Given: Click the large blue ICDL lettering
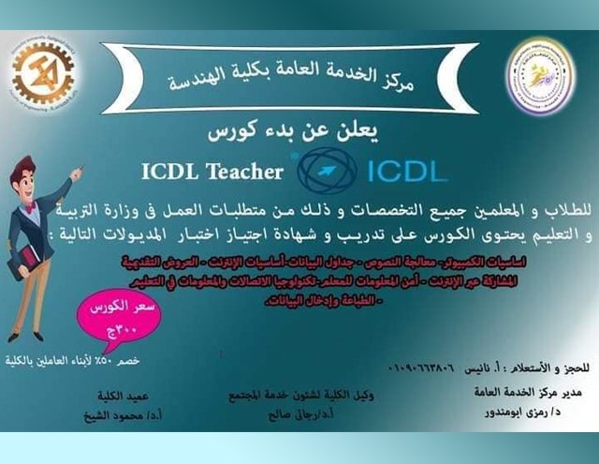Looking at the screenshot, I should pyautogui.click(x=402, y=171).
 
